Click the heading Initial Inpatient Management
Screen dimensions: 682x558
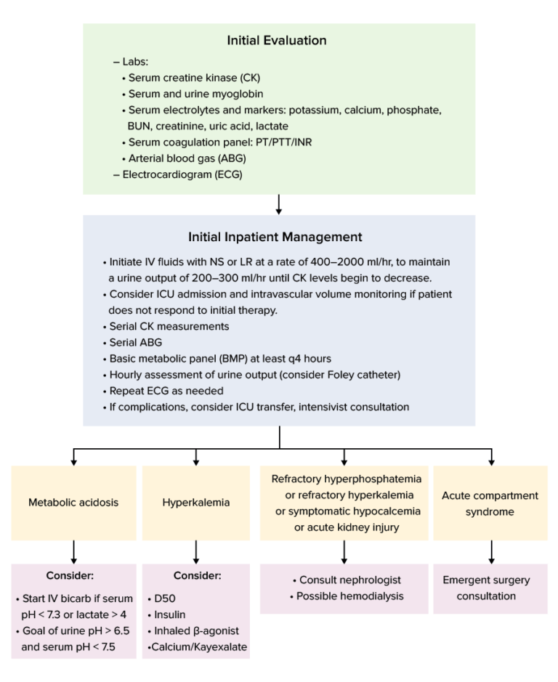click(279, 237)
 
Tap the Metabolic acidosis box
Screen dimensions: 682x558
click(73, 502)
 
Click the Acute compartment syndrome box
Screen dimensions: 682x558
click(490, 503)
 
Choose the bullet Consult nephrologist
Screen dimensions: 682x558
click(345, 580)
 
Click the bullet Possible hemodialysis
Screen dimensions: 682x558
click(345, 596)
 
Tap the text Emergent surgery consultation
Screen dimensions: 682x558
click(487, 588)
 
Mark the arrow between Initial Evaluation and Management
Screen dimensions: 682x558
click(279, 204)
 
